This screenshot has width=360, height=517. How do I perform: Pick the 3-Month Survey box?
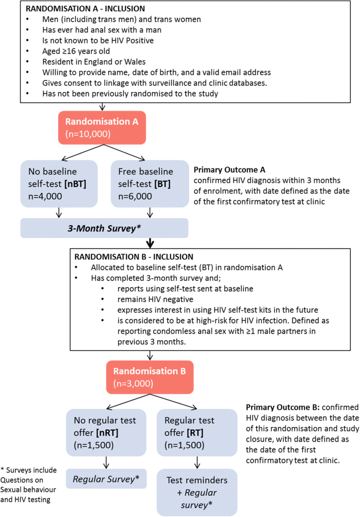[104, 228]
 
